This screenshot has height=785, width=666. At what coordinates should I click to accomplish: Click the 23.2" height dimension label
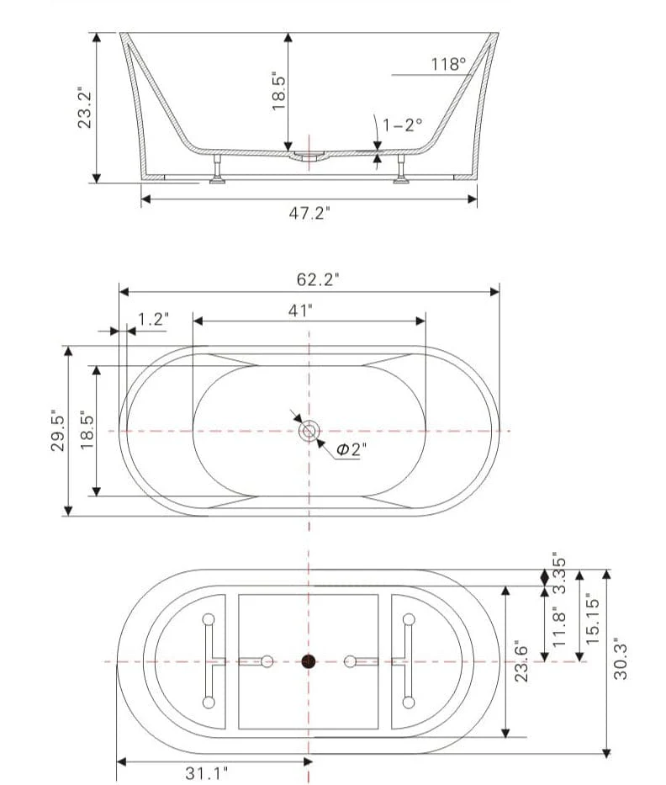click(x=85, y=109)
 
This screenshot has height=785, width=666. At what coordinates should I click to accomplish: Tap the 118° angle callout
click(x=448, y=64)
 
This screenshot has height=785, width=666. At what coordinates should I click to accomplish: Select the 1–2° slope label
click(x=402, y=125)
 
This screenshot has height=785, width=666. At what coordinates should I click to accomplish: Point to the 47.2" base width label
click(x=309, y=213)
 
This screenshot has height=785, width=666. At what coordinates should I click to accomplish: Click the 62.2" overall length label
click(x=318, y=279)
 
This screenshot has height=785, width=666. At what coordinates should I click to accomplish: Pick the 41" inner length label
click(x=300, y=311)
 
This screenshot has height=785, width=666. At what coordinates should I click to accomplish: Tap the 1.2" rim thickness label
click(x=153, y=319)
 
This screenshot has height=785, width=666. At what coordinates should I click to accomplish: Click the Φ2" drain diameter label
click(x=351, y=449)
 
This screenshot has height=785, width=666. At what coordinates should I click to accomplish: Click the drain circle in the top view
click(x=309, y=431)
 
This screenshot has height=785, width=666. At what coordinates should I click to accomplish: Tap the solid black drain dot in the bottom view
click(x=309, y=662)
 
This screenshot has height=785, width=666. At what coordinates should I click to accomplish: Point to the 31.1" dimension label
click(x=207, y=773)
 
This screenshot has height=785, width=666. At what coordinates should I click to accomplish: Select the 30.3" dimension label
click(x=621, y=659)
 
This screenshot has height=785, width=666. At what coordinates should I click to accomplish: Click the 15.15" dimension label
click(x=593, y=619)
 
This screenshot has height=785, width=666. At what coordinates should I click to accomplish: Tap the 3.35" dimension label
click(x=559, y=573)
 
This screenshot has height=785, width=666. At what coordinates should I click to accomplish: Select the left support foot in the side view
click(x=218, y=169)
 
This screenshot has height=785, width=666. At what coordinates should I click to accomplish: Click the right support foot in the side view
click(x=401, y=169)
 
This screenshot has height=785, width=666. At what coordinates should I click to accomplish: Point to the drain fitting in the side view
click(x=309, y=156)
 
